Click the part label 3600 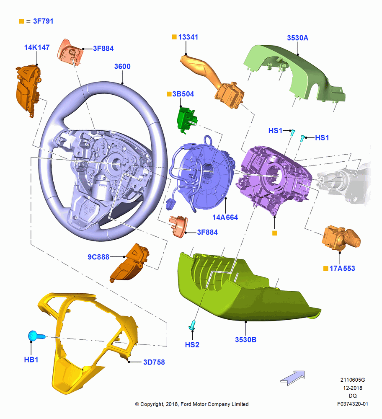coord(122,66)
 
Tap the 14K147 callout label coord(37,47)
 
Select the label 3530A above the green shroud coord(297,38)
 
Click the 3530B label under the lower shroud coord(245,340)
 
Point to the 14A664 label coord(225,217)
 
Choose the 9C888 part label coord(98,257)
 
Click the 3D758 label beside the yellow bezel coord(154,362)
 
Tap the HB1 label coord(31,360)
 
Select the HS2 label coord(192,345)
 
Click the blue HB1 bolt coord(36,336)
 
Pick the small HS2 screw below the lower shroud coord(192,325)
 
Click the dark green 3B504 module coord(187,119)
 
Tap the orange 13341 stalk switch coord(212,80)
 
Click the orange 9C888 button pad coord(130,262)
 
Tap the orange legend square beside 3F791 coord(22,21)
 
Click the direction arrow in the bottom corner coord(292,378)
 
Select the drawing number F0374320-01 coord(352,404)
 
